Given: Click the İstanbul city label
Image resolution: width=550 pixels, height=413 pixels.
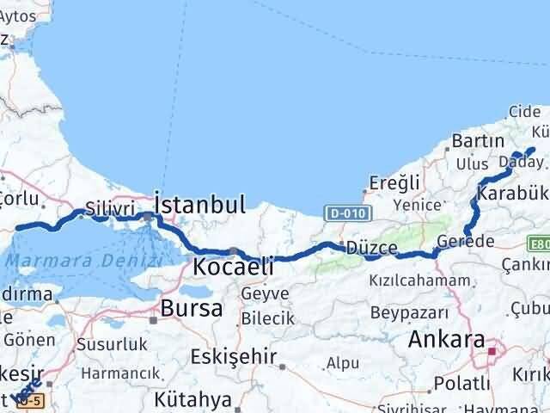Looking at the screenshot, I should pyautogui.click(x=199, y=205).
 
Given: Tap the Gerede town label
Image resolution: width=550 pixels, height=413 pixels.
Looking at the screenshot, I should pyautogui.click(x=465, y=241).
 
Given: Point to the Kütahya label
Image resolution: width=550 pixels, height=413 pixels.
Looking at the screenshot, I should pyautogui.click(x=193, y=399).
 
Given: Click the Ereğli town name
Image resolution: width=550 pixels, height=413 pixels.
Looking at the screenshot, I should pyautogui.click(x=394, y=182).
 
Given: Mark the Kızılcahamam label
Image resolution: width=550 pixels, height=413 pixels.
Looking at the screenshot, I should pyautogui.click(x=420, y=280).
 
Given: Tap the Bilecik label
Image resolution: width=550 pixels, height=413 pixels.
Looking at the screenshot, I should pyautogui.click(x=267, y=318).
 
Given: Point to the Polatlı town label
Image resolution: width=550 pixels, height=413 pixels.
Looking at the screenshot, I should pyautogui.click(x=462, y=383).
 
